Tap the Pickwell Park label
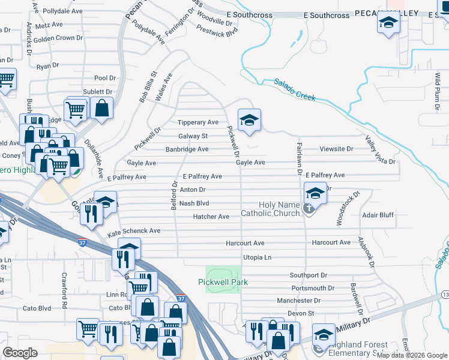coord(223,282)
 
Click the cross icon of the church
coord(309,209)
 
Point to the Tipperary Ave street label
coord(198,122)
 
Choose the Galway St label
coord(193,136)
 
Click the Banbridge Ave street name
coord(187,149)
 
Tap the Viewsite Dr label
coord(336,149)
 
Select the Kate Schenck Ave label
coord(134,231)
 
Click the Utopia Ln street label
coord(257,257)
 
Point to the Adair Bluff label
coord(378,215)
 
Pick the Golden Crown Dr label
coord(58,38)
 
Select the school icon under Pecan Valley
coord(388,23)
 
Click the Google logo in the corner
coord(20,353)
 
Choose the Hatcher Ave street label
coord(211,217)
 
